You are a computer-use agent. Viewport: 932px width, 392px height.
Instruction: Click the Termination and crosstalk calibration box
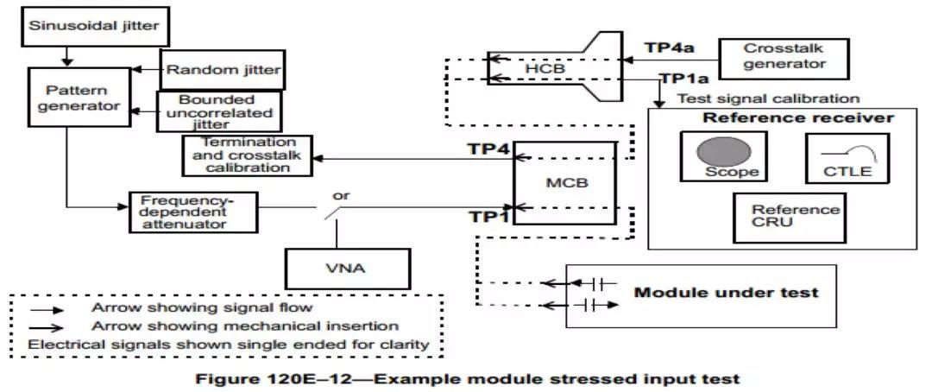246,155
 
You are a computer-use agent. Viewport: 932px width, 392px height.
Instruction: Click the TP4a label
672,47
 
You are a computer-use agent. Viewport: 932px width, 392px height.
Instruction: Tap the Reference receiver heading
797,117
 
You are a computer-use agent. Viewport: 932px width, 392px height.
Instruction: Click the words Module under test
726,292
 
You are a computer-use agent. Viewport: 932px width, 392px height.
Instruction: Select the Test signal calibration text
769,98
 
